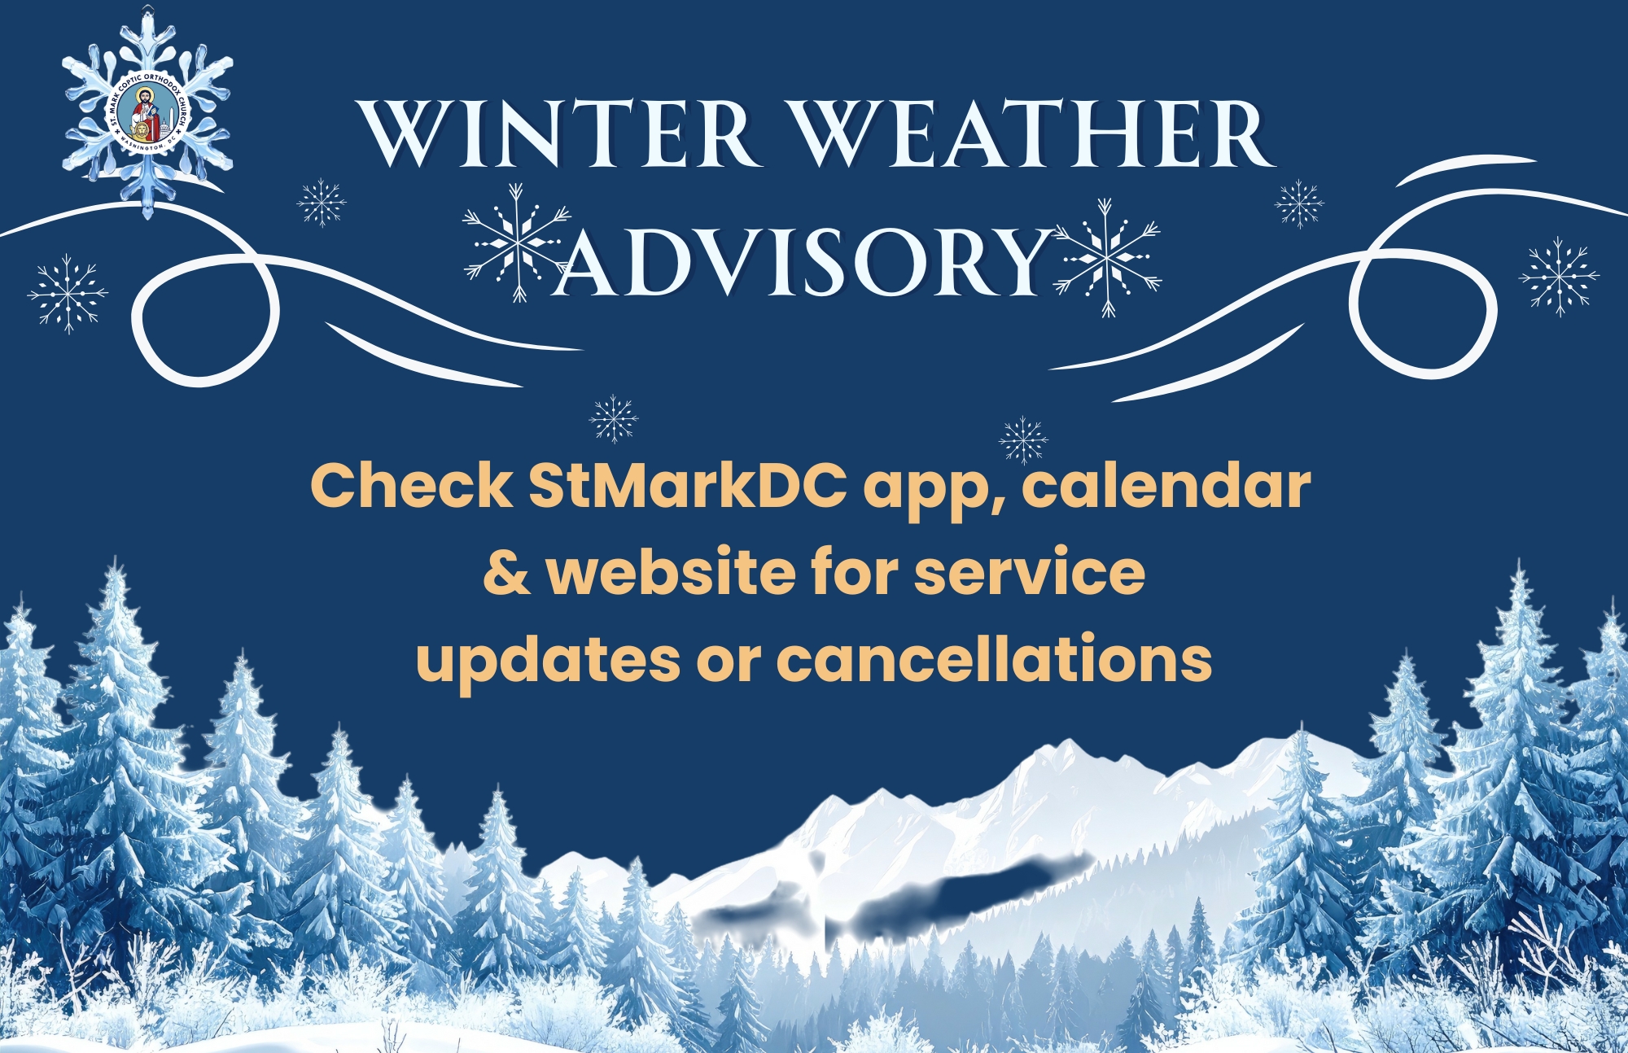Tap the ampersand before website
pos(506,573)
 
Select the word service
pos(1030,573)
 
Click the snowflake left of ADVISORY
pos(516,242)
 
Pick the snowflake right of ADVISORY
pos(1106,257)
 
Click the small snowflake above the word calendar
pos(1023,440)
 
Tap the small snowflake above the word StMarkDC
pos(613,419)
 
